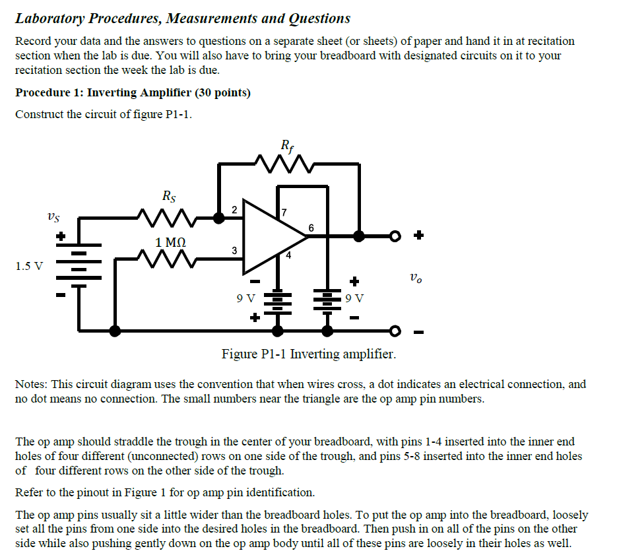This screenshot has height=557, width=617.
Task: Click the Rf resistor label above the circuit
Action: [x=286, y=145]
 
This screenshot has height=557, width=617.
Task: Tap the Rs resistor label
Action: [x=169, y=196]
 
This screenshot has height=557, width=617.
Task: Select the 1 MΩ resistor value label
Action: [x=170, y=243]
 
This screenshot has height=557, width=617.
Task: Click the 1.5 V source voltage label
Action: [x=29, y=267]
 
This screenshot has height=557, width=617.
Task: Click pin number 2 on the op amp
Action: [x=234, y=209]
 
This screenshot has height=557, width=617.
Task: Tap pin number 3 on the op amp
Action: [x=234, y=251]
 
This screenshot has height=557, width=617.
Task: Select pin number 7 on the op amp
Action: [x=284, y=213]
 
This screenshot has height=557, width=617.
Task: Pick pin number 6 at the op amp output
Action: [x=311, y=228]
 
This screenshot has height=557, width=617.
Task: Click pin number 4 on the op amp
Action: [x=288, y=254]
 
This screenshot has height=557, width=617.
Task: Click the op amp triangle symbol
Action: [x=271, y=236]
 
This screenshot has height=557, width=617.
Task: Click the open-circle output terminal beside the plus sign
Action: [x=395, y=236]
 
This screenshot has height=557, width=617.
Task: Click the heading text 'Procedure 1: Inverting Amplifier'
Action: [x=133, y=92]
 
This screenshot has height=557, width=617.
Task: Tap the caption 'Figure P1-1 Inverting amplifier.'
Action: [x=309, y=354]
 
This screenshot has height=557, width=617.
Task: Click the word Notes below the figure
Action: [x=30, y=384]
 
